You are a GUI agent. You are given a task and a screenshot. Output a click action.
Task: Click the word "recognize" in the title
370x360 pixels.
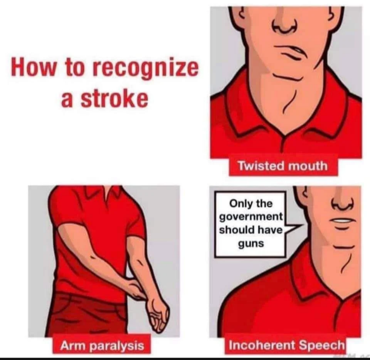tap(145, 68)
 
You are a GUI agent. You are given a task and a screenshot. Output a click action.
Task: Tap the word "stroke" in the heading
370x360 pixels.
tap(115, 98)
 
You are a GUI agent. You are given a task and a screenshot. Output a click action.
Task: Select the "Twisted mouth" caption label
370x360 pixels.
tap(283, 166)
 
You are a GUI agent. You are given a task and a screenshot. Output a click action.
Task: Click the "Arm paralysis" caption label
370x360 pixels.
tap(102, 346)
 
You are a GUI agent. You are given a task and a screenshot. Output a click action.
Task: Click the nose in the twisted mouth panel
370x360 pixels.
tap(285, 26)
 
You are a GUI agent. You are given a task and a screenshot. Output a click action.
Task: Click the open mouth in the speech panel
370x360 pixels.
tap(342, 221)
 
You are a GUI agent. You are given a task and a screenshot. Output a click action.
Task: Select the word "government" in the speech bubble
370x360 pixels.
tap(251, 217)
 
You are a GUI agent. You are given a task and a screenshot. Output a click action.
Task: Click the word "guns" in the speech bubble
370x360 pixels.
tap(251, 243)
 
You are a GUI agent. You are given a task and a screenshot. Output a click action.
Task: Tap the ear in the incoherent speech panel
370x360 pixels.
tap(303, 194)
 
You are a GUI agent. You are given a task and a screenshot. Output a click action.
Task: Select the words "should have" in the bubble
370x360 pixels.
tap(251, 229)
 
